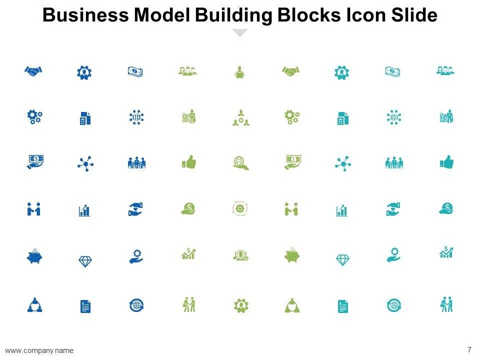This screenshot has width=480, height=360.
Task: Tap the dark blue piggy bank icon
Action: click(x=34, y=256)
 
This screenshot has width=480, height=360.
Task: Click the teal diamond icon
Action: click(x=342, y=260)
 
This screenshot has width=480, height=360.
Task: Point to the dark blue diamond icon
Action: click(x=85, y=260)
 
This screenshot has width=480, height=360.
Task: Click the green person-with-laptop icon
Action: click(x=239, y=72)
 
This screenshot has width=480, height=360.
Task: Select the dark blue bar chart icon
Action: click(x=85, y=210)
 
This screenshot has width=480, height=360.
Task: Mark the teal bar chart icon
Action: click(x=342, y=210)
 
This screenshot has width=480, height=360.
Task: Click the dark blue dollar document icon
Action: click(x=85, y=306)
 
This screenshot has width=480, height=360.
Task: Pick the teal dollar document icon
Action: click(x=342, y=306)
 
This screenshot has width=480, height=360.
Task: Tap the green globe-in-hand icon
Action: click(x=240, y=163)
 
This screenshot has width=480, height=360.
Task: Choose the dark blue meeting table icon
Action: click(x=136, y=162)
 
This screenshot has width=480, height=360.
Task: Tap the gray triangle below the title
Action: click(x=240, y=33)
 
